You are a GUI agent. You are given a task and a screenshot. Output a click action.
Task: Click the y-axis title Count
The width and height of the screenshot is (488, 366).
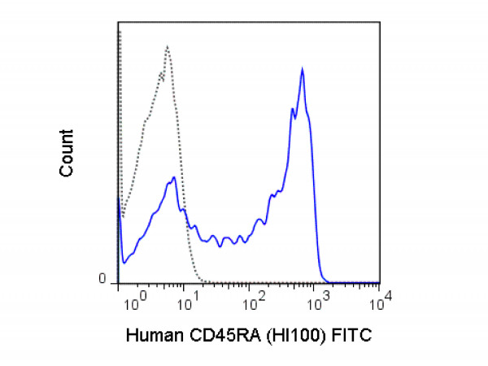click(68, 153)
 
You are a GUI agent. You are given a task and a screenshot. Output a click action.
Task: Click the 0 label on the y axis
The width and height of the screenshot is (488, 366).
click(102, 279)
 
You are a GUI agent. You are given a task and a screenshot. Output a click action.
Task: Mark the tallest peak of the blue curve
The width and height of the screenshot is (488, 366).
click(303, 70)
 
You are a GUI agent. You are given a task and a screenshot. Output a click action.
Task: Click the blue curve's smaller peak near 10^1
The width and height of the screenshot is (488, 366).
click(174, 177)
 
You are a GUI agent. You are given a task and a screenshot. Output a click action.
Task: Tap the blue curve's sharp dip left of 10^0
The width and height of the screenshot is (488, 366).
click(124, 263)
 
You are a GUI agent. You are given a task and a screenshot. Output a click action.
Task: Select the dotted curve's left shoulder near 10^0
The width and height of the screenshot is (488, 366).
click(145, 122)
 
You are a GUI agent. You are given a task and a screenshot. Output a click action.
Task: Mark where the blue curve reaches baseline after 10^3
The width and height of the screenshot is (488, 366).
click(325, 280)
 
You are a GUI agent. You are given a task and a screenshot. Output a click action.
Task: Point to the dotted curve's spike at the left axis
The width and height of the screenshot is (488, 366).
click(120, 33)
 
